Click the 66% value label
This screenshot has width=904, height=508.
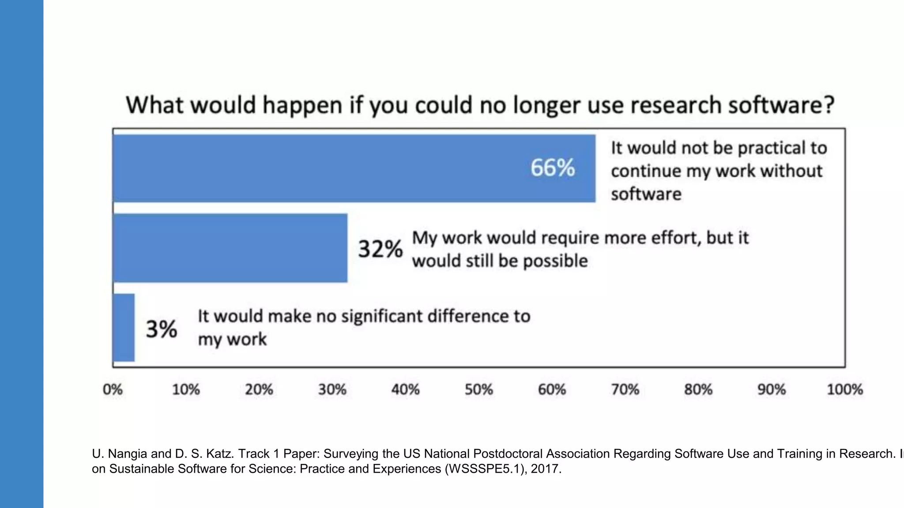point(553,168)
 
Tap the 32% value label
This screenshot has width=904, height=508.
point(380,249)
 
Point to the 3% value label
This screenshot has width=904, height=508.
point(162,329)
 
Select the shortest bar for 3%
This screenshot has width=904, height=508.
point(124,328)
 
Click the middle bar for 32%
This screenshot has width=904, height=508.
point(230,248)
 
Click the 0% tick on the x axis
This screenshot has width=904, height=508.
point(113,389)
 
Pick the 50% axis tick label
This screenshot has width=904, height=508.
point(478,389)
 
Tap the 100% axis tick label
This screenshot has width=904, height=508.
point(844,389)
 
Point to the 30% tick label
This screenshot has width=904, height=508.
point(332,389)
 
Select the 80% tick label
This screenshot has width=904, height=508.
point(698,389)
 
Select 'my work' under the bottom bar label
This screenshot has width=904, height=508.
point(232,340)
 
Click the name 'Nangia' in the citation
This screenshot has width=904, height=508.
point(128,454)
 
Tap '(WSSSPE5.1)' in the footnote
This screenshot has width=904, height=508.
point(486,469)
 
